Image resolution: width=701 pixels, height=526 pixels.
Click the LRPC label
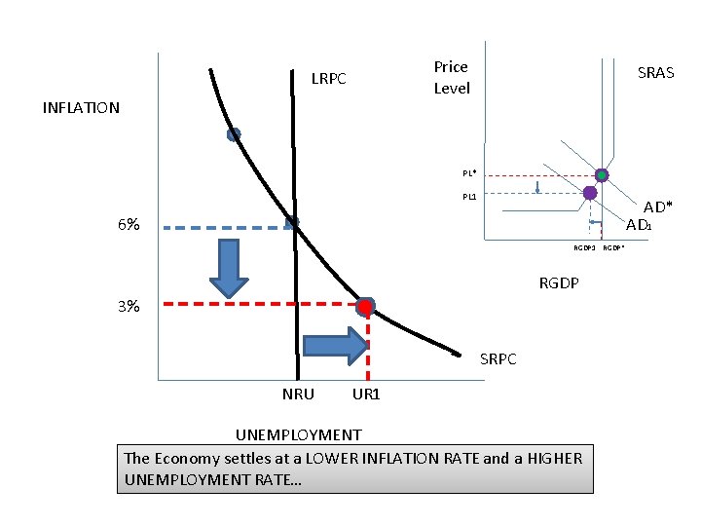328,78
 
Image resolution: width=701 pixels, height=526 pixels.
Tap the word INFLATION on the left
81,108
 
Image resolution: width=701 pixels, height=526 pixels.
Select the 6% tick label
128,225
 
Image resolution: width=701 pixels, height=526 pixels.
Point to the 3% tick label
128,307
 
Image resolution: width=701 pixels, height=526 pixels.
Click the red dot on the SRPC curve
365,307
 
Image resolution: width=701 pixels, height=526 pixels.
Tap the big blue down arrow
230,267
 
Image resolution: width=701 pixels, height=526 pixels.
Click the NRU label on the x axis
298,394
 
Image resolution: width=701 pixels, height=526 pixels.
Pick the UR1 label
366,394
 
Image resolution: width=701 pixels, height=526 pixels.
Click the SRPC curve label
498,359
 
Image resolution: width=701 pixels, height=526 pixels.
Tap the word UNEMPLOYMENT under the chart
299,434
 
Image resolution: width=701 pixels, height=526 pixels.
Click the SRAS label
655,73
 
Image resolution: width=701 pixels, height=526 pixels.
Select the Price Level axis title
451,78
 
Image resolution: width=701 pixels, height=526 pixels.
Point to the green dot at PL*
602,175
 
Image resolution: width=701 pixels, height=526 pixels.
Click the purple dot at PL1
589,194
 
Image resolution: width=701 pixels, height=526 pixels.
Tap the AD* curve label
657,207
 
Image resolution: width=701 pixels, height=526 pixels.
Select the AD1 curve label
639,226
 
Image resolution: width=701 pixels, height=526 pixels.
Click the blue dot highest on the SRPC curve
234,134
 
